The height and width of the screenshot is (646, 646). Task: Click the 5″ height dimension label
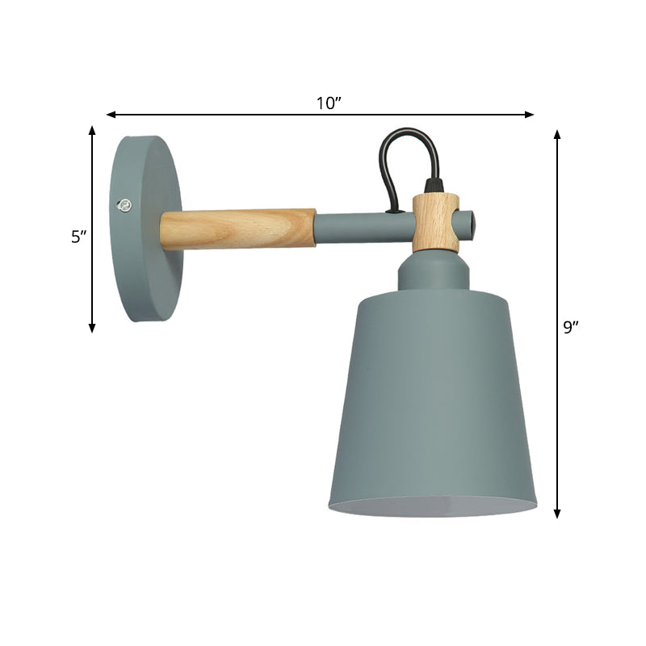pyautogui.click(x=78, y=237)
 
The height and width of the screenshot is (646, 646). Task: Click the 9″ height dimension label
pyautogui.click(x=571, y=327)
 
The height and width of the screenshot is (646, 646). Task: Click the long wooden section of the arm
pyautogui.click(x=237, y=228)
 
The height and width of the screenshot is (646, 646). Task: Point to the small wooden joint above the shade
pyautogui.click(x=436, y=223)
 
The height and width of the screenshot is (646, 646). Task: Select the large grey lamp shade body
pyautogui.click(x=432, y=396)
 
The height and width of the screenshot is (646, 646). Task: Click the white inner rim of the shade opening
pyautogui.click(x=432, y=507)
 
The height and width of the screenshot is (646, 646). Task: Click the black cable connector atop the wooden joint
pyautogui.click(x=435, y=187)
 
